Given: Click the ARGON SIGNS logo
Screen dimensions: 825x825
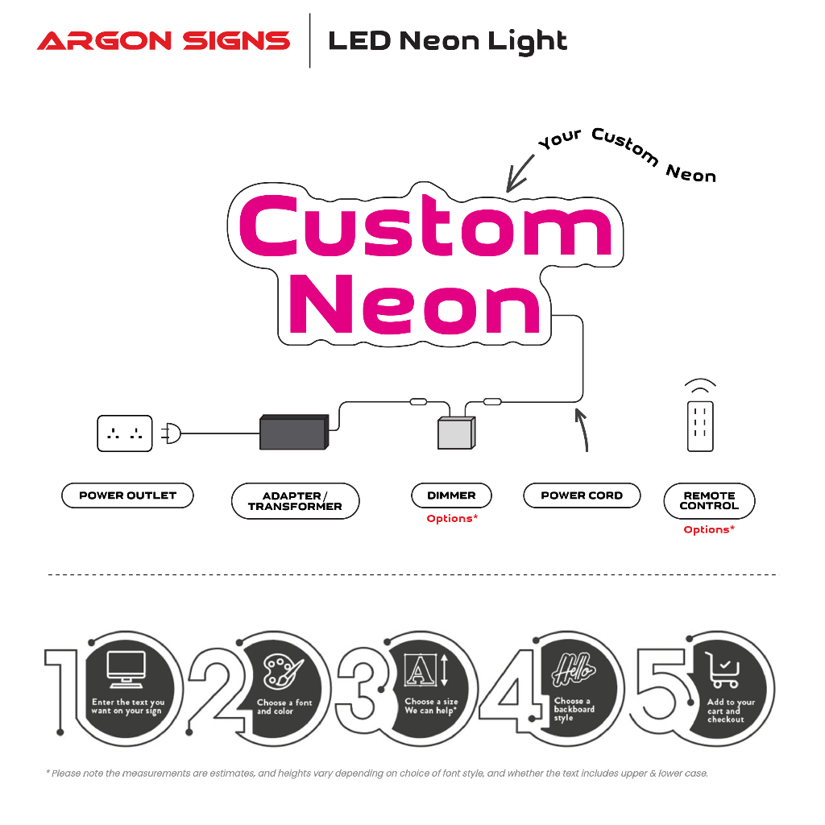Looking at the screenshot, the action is click(164, 40).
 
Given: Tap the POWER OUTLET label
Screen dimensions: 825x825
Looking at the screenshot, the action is click(127, 495).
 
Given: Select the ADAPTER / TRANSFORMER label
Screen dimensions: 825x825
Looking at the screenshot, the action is click(295, 501).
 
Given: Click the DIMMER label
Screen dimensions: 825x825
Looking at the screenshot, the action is click(451, 495).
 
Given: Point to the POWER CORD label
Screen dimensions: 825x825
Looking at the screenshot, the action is click(582, 495).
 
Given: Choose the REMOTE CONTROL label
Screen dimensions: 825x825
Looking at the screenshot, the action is click(709, 501).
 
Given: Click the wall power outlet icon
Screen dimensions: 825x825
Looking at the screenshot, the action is click(125, 433).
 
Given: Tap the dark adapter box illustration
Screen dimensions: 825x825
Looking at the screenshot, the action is click(292, 433).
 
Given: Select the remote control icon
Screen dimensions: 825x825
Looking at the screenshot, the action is click(700, 424).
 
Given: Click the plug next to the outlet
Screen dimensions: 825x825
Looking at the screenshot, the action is click(172, 433).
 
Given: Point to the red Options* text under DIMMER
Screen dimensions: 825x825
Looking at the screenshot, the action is click(452, 519).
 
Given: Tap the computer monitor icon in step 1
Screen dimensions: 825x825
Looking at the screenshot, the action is click(126, 669).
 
